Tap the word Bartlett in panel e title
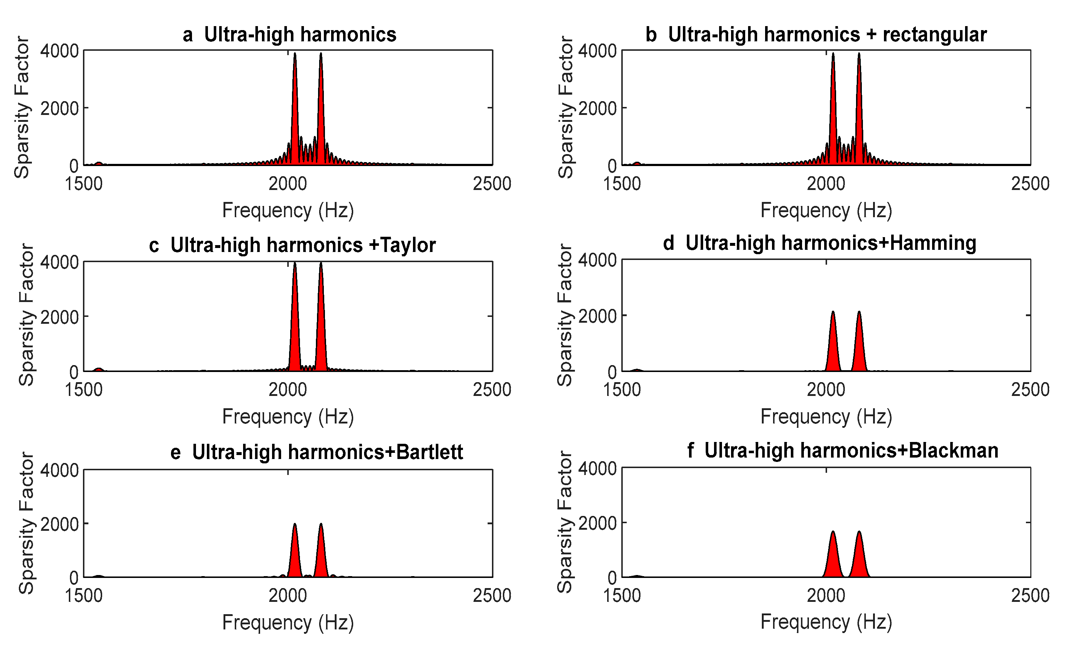click(430, 452)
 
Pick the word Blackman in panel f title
click(953, 450)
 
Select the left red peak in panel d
click(833, 346)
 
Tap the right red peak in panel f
click(859, 558)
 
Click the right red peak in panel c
click(321, 319)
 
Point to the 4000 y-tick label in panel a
click(59, 51)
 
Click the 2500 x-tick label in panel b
click(1030, 184)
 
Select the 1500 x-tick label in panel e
click(83, 596)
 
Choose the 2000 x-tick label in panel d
click(826, 390)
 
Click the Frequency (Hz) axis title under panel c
click(288, 416)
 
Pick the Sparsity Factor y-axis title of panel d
click(565, 315)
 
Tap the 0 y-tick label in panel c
click(74, 372)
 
